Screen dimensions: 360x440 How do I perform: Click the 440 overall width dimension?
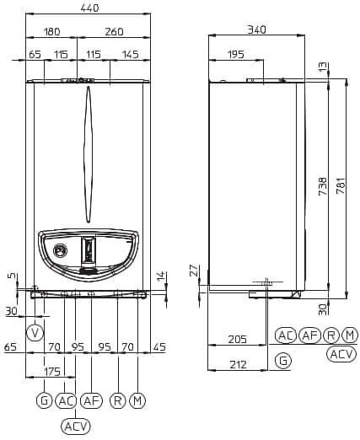[x=89, y=8]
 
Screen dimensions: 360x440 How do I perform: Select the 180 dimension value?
[x=52, y=32]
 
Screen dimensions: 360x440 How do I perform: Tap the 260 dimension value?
[x=114, y=32]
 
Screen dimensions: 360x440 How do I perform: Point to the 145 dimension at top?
[x=131, y=54]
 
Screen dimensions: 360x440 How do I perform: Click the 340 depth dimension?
[x=256, y=30]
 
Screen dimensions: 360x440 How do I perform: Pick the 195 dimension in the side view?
[x=236, y=54]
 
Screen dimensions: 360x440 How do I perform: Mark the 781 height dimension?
[x=341, y=185]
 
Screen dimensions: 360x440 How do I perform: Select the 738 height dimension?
[x=323, y=186]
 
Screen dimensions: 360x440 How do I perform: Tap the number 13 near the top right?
[x=324, y=67]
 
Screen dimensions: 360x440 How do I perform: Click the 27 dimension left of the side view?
[x=195, y=271]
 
